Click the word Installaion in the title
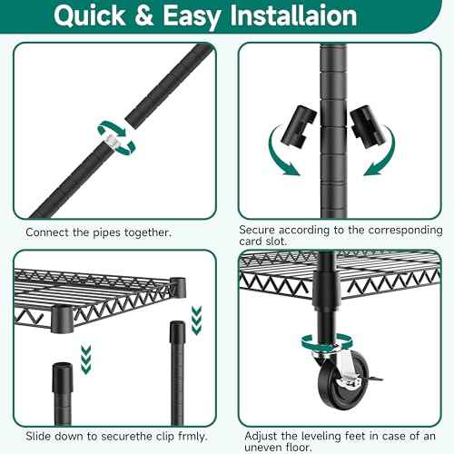[293, 15]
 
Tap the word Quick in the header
[90, 15]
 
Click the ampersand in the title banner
[144, 15]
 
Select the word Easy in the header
[192, 17]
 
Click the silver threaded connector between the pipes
[113, 141]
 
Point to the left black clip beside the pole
[299, 126]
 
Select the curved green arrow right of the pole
[380, 152]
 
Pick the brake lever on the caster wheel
[375, 379]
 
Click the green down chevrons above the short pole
[86, 359]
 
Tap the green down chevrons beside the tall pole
[197, 321]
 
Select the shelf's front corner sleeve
[62, 319]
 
